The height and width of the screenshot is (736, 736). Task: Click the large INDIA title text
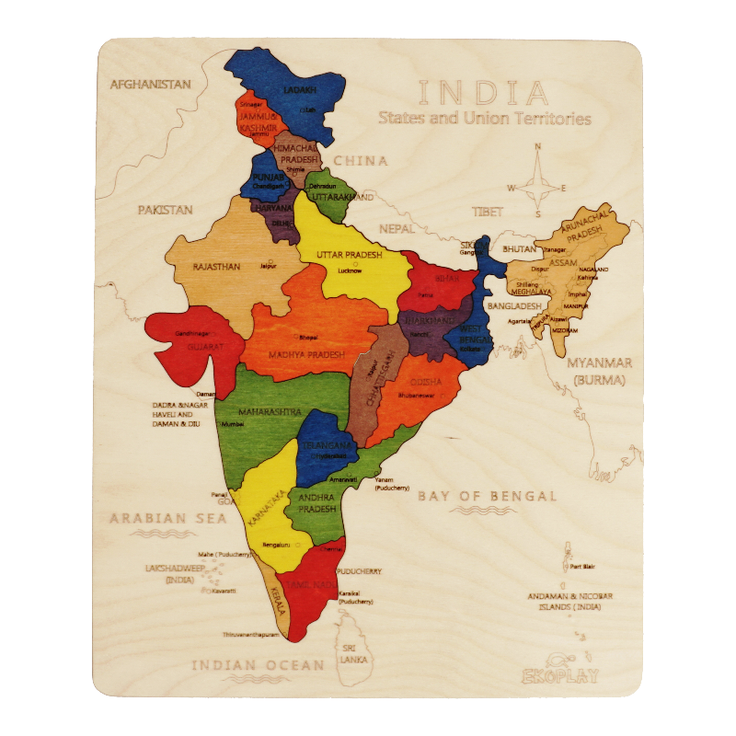[484, 93]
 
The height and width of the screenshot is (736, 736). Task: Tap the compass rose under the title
[537, 189]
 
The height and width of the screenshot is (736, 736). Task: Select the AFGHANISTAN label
[151, 85]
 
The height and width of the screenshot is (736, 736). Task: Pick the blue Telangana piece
[324, 446]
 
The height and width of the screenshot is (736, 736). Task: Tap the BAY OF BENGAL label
[488, 496]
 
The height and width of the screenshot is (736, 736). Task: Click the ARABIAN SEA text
[168, 518]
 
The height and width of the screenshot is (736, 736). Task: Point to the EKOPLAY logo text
[559, 676]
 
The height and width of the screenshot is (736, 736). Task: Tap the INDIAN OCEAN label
[258, 664]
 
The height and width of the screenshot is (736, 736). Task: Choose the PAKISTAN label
[166, 210]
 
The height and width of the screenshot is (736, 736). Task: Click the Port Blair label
[582, 567]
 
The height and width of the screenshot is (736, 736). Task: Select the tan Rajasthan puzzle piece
[221, 262]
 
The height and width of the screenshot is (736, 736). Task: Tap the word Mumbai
[233, 425]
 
